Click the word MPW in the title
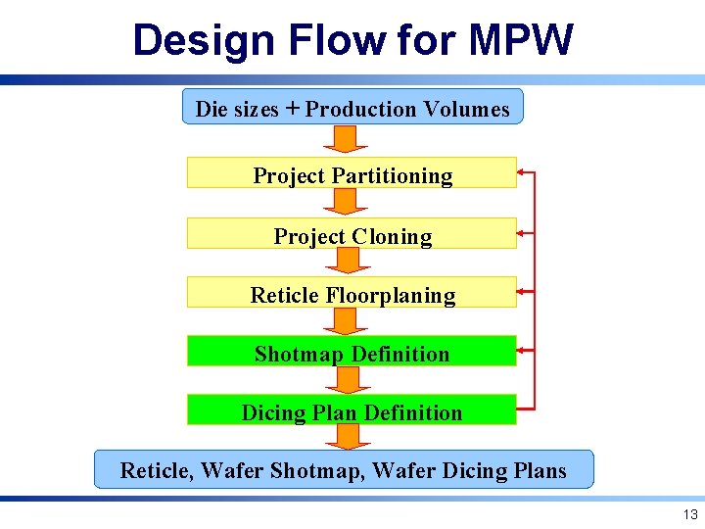click(520, 41)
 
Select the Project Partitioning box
click(352, 175)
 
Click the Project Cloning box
click(352, 236)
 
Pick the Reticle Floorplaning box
click(352, 295)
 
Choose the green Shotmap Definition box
click(352, 354)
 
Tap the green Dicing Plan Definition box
click(352, 412)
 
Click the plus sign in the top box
click(292, 109)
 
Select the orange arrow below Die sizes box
click(344, 138)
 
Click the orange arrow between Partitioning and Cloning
click(344, 202)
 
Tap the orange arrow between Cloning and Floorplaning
click(344, 261)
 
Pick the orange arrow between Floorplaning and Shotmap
click(344, 320)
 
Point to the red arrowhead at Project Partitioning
click(522, 172)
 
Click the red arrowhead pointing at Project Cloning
click(522, 233)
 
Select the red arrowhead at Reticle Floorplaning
click(522, 291)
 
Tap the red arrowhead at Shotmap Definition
click(522, 350)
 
